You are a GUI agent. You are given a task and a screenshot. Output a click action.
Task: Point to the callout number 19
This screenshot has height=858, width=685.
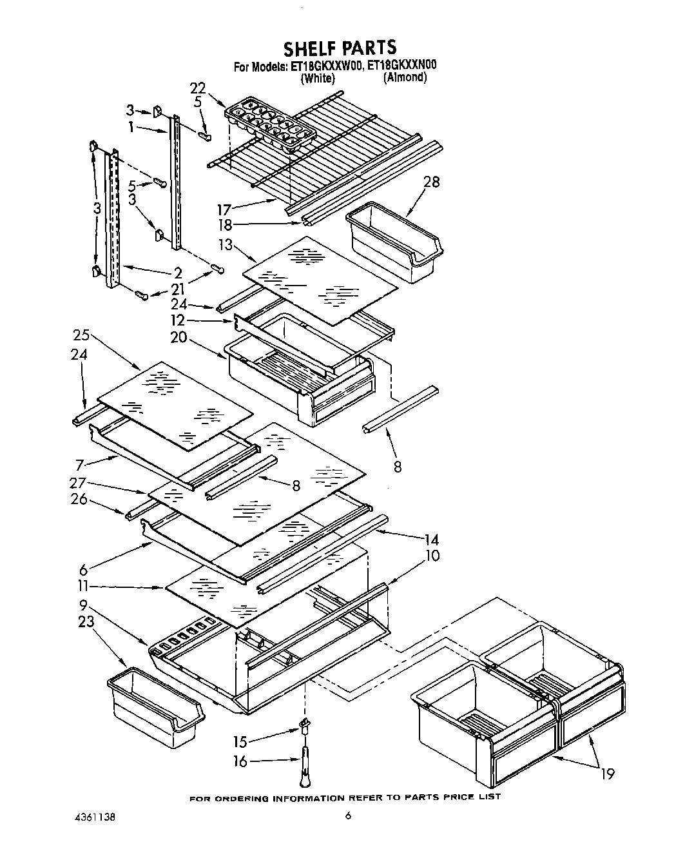click(x=607, y=774)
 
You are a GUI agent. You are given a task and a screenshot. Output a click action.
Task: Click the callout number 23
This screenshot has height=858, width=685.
click(x=86, y=622)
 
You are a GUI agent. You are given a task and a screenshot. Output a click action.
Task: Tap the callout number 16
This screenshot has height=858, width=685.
click(x=240, y=762)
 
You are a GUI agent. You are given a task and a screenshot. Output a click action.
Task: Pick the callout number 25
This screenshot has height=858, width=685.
click(x=81, y=336)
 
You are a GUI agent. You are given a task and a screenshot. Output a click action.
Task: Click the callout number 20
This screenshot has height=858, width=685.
click(x=178, y=337)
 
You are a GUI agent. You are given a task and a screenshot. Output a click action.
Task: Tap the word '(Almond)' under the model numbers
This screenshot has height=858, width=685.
click(x=405, y=77)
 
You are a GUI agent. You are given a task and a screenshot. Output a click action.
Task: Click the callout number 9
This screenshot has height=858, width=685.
click(x=84, y=605)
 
